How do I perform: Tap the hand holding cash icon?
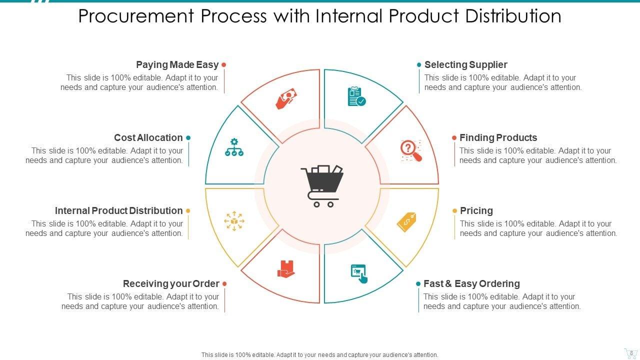click(x=286, y=98)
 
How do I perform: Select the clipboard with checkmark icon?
click(x=356, y=96)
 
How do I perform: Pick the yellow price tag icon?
click(x=406, y=222)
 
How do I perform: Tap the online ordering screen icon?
click(x=358, y=273)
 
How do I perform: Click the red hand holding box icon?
click(x=286, y=269)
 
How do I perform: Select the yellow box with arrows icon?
click(x=234, y=221)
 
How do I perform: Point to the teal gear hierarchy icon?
click(x=234, y=147)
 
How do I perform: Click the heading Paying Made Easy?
click(x=177, y=64)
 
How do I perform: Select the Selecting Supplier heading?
click(x=465, y=64)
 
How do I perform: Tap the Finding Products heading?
click(x=498, y=137)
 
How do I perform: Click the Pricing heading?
click(x=476, y=210)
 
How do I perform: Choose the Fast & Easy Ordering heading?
click(x=471, y=283)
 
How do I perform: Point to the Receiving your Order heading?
click(x=171, y=283)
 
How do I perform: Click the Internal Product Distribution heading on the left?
click(x=118, y=210)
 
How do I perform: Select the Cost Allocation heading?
click(x=148, y=137)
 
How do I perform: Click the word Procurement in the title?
click(x=136, y=16)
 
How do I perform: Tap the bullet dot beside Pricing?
click(x=454, y=211)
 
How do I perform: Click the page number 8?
click(x=631, y=352)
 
